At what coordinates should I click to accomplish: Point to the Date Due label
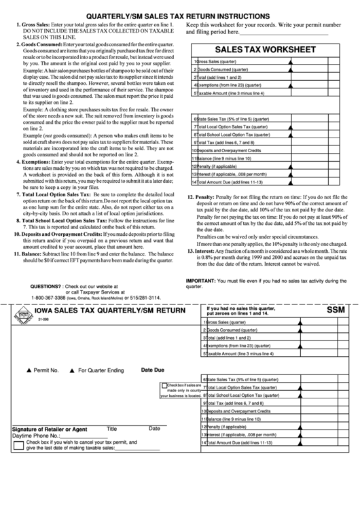(153, 370)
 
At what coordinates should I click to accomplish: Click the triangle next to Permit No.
(28, 371)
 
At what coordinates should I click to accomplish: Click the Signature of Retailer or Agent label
(50, 429)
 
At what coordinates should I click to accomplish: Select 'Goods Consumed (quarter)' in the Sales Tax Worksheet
(224, 69)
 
